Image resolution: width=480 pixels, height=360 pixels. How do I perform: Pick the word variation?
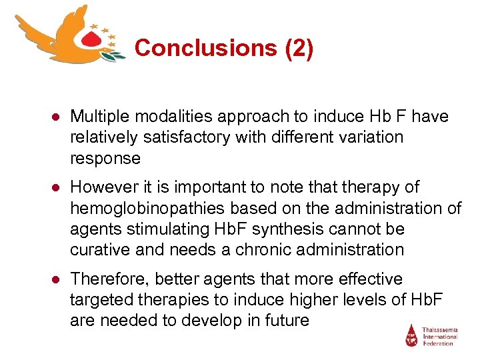[370, 137]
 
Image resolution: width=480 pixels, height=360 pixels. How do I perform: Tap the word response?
[105, 158]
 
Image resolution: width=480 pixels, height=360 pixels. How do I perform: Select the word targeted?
[99, 299]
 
